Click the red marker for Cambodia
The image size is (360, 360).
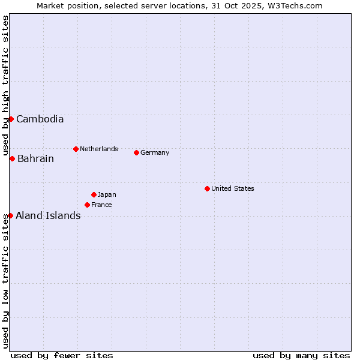coord(11,119)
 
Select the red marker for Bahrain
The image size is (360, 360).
coord(12,158)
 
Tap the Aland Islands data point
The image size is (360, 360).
coord(10,215)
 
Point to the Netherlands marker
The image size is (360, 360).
coord(76,149)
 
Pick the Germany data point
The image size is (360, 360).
coord(136,152)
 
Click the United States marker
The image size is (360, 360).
coord(207,188)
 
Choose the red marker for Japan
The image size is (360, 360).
coord(94,194)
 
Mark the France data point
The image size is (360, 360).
coord(87,205)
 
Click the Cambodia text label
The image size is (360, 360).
coord(40,119)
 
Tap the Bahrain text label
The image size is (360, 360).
coord(35,159)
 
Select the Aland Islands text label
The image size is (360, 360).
coord(48,216)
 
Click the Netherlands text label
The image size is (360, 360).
coord(99,149)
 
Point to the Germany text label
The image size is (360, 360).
coord(155,152)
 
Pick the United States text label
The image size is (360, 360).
coord(233,188)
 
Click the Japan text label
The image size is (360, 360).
coord(107,194)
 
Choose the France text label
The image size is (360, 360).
coord(101,205)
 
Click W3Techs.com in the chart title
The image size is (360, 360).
coord(295,6)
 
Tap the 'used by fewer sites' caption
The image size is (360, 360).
coord(62,355)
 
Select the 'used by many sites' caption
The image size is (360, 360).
coord(301,355)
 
